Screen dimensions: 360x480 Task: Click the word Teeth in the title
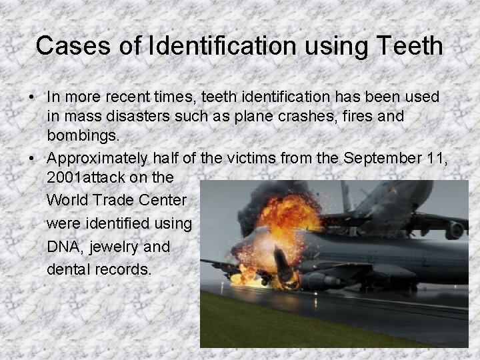(x=409, y=46)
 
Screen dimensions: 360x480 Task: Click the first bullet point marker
(x=32, y=97)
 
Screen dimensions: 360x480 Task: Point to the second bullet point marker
(x=32, y=159)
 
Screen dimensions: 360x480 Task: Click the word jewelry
(x=117, y=247)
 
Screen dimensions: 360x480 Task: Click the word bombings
(x=83, y=137)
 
